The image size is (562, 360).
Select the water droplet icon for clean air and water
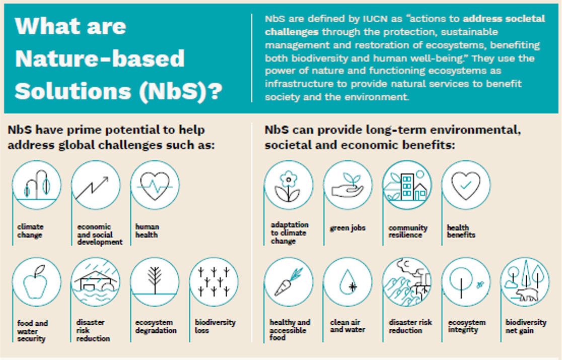tap(347, 282)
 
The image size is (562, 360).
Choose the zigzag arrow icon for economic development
tap(92, 188)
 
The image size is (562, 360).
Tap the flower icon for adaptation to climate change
tap(288, 186)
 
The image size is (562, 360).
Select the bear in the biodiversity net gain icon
tap(527, 295)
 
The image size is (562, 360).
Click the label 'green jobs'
tap(347, 228)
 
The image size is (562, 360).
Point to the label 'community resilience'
tap(408, 232)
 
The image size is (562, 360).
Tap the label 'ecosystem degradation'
tap(156, 326)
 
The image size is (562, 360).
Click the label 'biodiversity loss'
tap(215, 326)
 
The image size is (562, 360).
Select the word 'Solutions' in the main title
tap(73, 91)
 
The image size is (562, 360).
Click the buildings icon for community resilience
tap(406, 186)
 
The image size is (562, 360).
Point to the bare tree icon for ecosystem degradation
tap(155, 280)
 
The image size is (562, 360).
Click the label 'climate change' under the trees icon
tap(30, 231)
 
